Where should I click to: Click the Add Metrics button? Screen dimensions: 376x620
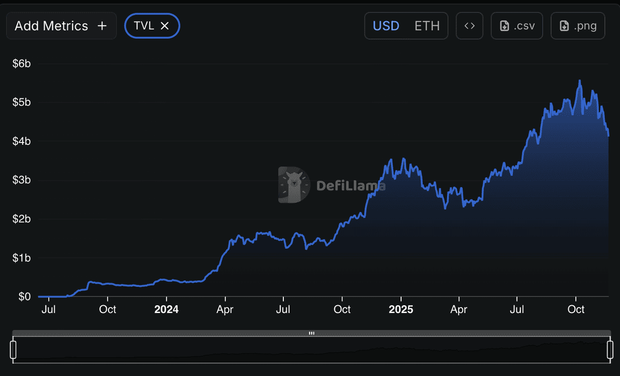61,26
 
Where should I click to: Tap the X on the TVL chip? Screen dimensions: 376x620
165,26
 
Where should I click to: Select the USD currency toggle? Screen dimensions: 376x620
386,26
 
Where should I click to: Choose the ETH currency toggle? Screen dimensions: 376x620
427,26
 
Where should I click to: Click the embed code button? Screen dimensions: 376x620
469,26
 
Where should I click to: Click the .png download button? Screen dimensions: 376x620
577,26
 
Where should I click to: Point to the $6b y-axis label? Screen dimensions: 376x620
21,63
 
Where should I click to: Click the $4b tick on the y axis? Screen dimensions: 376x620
21,141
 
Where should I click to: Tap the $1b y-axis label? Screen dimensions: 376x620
21,258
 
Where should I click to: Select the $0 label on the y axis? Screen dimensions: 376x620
24,297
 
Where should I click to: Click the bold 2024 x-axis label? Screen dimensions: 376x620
166,310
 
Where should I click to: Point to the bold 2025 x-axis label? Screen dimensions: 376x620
401,310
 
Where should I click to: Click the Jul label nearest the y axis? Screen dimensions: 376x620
48,310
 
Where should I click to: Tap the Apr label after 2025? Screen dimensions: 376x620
459,310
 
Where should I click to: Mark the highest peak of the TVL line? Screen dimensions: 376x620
580,81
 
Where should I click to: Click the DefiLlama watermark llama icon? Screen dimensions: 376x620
294,185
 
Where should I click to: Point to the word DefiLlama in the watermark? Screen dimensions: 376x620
351,186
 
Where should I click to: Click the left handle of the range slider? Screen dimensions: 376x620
14,349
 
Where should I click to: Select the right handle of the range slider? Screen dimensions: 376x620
610,349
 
